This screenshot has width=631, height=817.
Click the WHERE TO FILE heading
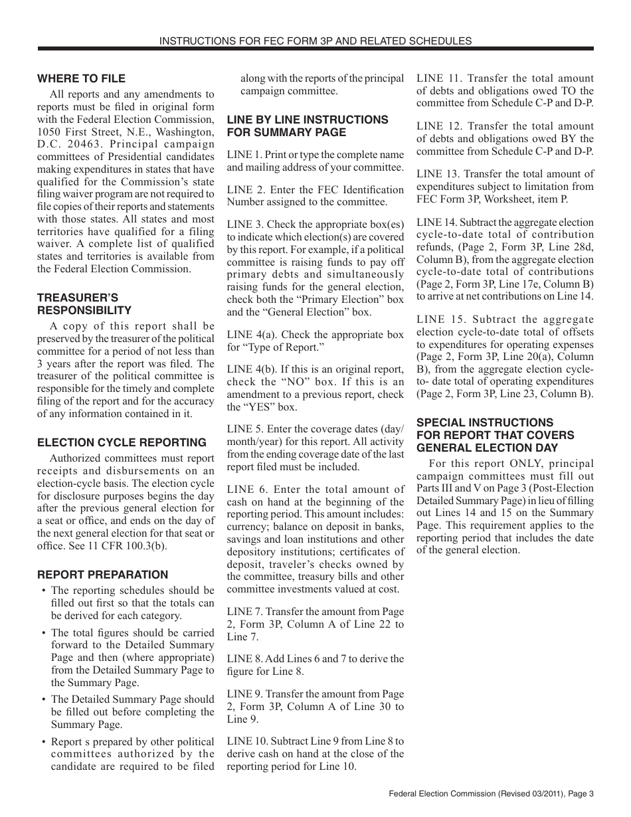click(81, 78)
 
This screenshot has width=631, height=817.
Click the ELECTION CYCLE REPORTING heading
click(122, 442)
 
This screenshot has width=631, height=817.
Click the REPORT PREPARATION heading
click(102, 575)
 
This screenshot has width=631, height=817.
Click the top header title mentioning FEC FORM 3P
click(315, 41)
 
